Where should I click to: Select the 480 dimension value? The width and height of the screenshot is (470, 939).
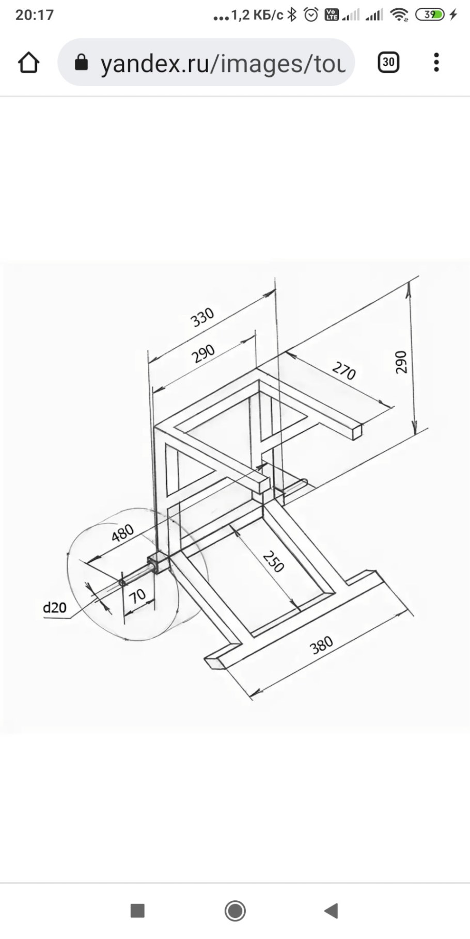pos(122,533)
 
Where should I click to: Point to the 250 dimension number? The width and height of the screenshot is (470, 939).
pos(273,561)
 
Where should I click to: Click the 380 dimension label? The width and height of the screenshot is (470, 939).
pos(321,644)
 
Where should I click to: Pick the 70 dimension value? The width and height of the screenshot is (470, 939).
pos(137,596)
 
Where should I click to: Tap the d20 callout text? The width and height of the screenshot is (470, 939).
pos(55,607)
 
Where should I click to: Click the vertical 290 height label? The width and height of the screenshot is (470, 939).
pos(401,362)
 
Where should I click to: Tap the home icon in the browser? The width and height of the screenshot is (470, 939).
pos(28,63)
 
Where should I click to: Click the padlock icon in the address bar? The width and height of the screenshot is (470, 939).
pos(81,62)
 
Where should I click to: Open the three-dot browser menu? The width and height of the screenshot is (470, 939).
pos(436,62)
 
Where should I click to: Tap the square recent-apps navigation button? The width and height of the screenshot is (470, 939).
pos(137,911)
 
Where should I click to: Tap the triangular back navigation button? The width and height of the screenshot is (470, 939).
pos(331,911)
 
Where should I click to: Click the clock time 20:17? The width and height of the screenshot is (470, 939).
pos(35,14)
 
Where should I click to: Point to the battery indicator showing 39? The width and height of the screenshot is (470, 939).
pos(430,14)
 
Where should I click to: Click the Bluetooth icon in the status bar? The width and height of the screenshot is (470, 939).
pos(292,14)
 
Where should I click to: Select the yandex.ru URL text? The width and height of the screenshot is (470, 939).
pos(223,63)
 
